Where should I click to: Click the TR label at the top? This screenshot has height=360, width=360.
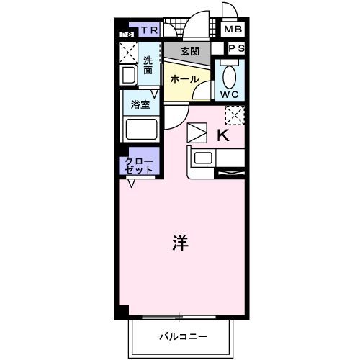click(150, 30)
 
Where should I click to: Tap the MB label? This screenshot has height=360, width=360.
click(232, 30)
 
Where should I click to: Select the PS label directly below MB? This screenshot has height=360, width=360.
click(236, 48)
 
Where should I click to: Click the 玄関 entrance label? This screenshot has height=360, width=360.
click(189, 51)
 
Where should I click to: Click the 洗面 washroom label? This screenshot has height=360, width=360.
click(148, 66)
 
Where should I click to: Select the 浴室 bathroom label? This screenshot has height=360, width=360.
click(140, 105)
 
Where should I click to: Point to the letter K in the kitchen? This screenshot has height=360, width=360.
click(222, 135)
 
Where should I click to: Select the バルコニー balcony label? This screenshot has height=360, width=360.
click(183, 336)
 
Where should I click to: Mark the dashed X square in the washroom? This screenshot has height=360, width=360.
click(129, 53)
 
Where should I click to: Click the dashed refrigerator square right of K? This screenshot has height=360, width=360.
click(235, 114)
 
